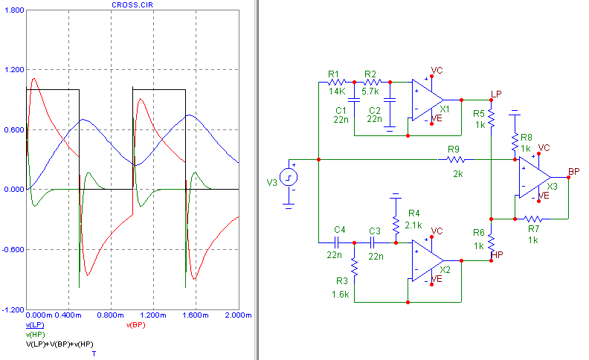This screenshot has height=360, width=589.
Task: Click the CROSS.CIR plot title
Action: [x=133, y=4]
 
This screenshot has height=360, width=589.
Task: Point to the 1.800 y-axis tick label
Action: [x=13, y=10]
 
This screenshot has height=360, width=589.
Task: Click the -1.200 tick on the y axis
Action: [x=13, y=309]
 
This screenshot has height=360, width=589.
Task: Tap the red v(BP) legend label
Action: [x=136, y=325]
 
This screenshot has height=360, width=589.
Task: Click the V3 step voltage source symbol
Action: [x=289, y=177]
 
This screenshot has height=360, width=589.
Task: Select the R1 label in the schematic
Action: [x=333, y=74]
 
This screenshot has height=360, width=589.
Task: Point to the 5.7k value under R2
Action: [x=371, y=91]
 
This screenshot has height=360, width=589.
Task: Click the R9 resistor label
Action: [x=454, y=150]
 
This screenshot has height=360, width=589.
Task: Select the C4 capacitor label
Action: [x=340, y=228]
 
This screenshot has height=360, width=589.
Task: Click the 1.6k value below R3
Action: [x=341, y=295]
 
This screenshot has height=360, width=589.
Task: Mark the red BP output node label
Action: [x=573, y=172]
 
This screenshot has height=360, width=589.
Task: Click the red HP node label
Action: [x=498, y=254]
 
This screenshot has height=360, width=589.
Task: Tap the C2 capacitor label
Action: [x=374, y=110]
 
